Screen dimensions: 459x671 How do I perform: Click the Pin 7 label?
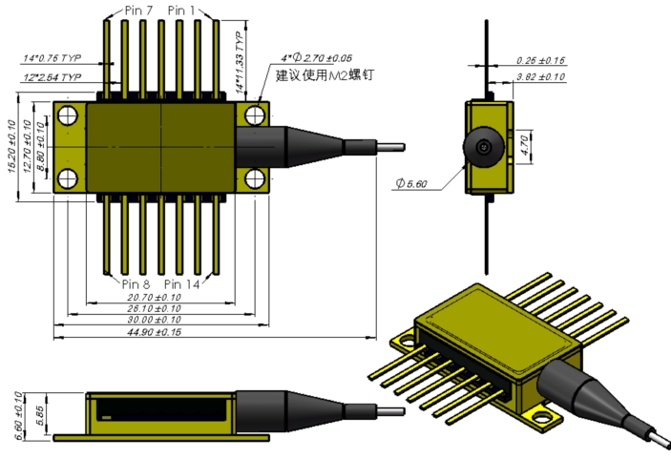(x=137, y=11)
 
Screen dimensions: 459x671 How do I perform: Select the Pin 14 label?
(x=183, y=284)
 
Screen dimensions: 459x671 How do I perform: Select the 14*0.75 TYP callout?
(x=54, y=58)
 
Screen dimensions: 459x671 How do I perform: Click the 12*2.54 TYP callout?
(x=53, y=76)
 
